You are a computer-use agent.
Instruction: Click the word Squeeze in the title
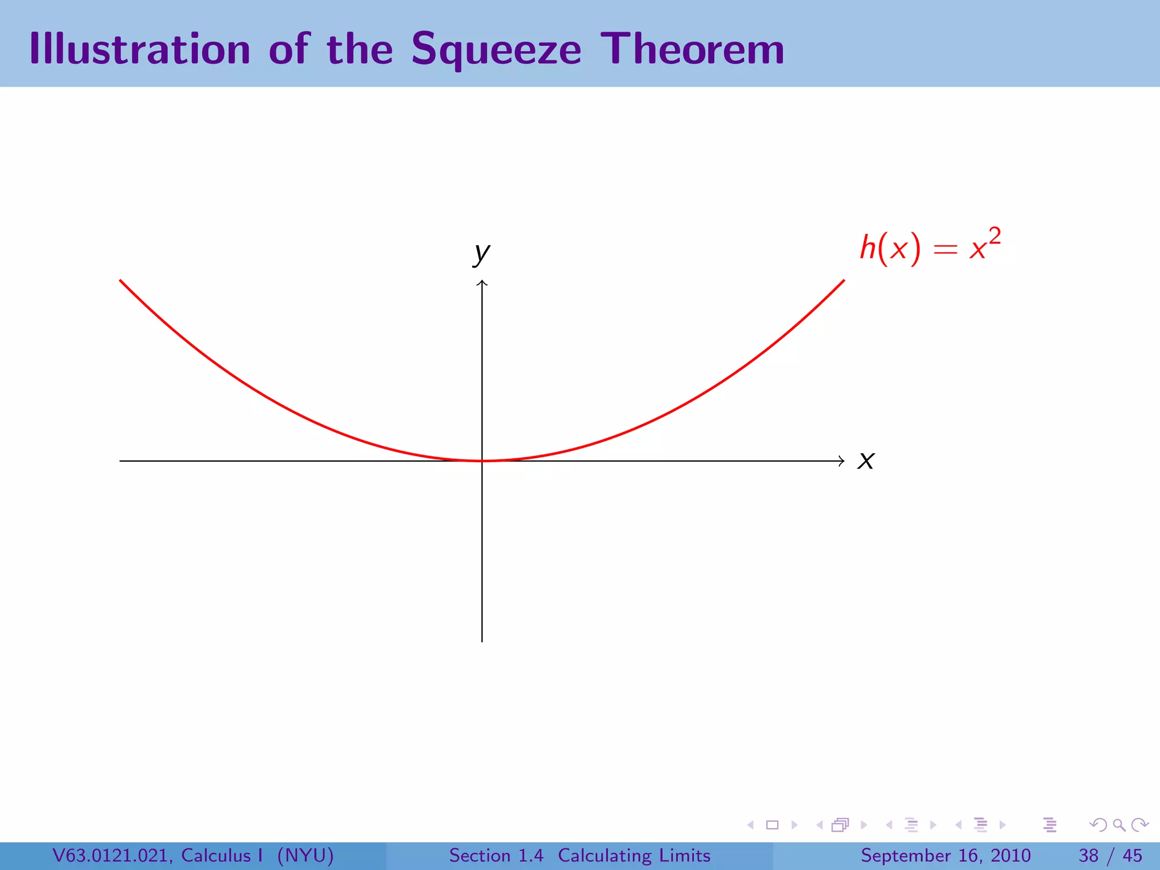coord(496,50)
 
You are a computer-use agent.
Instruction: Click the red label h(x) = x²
coord(929,246)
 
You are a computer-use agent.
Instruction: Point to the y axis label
coord(481,253)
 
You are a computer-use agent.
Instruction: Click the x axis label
coord(866,460)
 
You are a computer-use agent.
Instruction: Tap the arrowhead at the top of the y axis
coord(482,283)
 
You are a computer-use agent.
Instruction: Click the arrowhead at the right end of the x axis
coord(842,461)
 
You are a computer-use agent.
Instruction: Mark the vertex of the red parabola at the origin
coord(482,460)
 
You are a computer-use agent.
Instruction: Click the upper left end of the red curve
coord(121,281)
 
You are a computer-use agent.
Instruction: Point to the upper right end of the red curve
coord(843,281)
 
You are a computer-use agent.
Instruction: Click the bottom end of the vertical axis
coord(482,641)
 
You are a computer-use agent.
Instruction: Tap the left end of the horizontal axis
coord(121,461)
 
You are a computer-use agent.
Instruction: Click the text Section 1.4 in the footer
coord(496,855)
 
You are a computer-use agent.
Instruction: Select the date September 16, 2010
coord(945,855)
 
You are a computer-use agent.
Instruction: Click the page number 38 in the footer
coord(1089,855)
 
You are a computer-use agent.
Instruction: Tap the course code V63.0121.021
coord(113,855)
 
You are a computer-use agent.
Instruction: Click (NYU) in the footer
coord(305,855)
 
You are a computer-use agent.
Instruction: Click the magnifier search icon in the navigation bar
coord(1119,825)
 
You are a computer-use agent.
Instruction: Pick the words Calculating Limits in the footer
coord(634,855)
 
